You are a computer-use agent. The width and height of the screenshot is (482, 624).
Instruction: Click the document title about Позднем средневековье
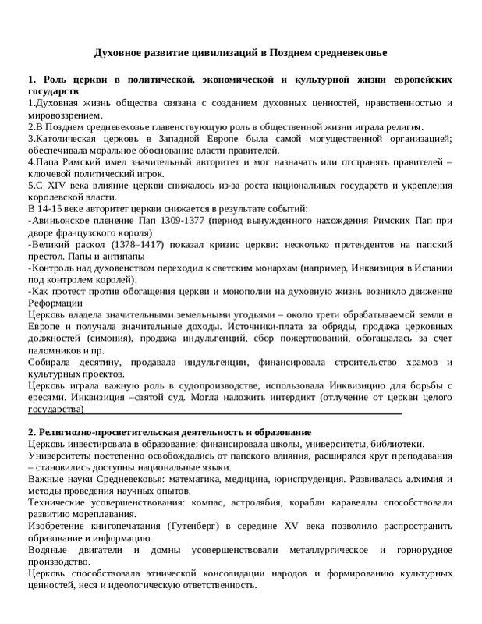coord(240,53)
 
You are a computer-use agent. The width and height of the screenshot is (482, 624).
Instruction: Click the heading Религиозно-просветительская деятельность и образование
coord(169,432)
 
